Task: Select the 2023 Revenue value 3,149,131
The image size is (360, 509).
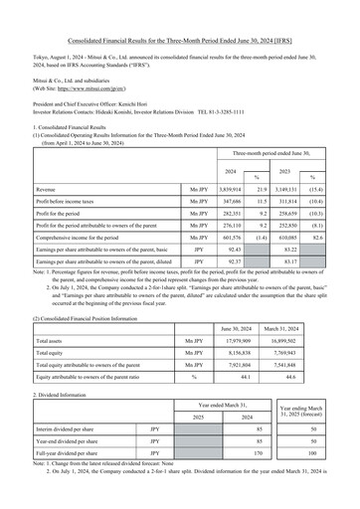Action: (x=299, y=188)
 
